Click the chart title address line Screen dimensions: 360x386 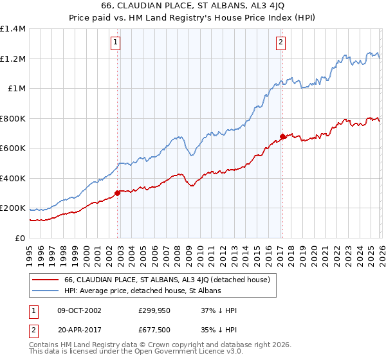tap(193, 5)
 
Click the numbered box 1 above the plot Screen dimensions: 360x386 tap(115, 43)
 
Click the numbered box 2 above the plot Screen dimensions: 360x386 tap(281, 43)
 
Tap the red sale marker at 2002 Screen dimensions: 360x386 tap(117, 193)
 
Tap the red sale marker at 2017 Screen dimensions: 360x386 tap(282, 136)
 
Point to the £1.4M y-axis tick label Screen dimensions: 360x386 tap(13, 29)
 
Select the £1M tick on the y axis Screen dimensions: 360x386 tap(16, 89)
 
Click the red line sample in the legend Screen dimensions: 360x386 tap(45, 280)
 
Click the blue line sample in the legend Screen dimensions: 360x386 tap(45, 291)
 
